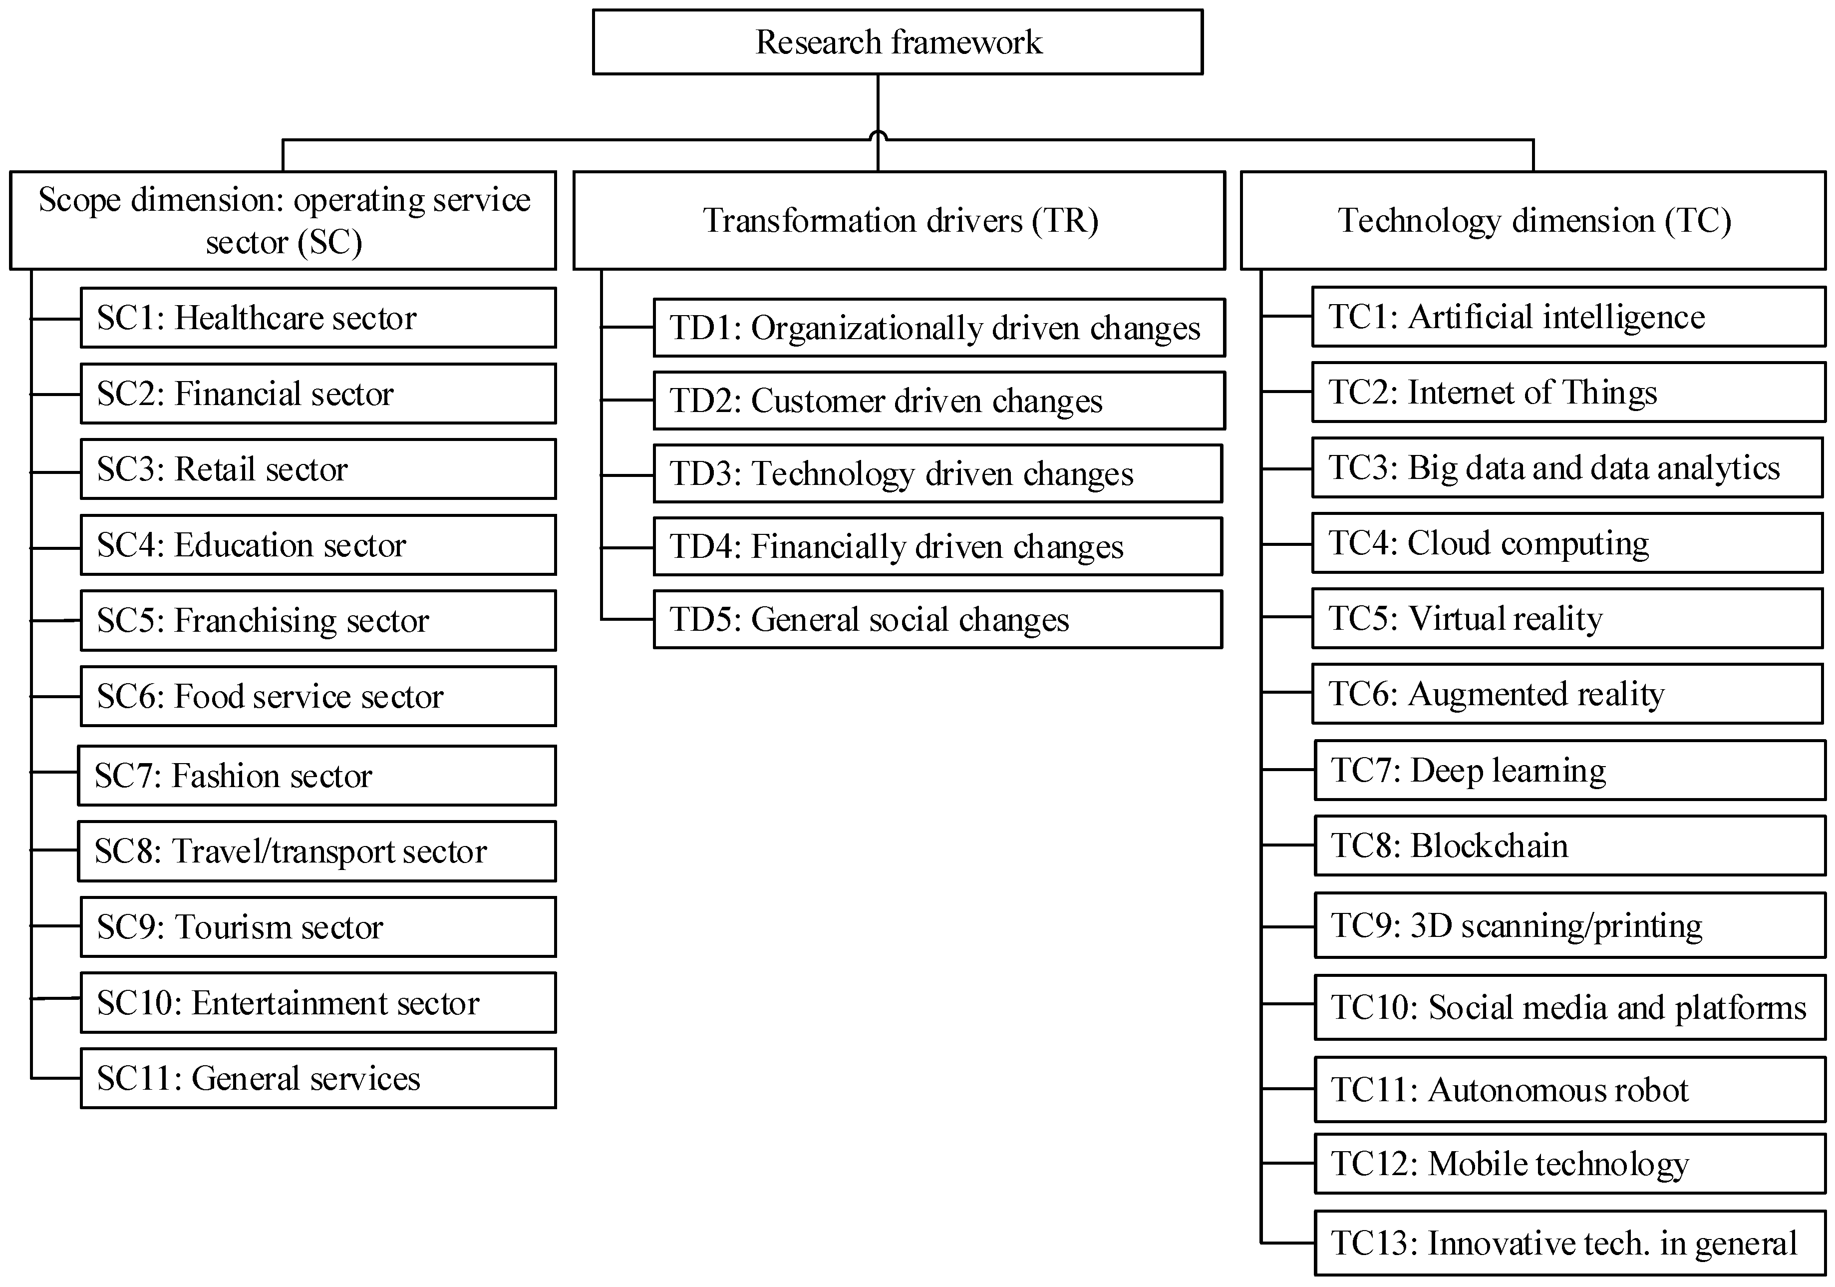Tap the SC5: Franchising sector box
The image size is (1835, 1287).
317,620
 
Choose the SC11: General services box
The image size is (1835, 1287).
317,1078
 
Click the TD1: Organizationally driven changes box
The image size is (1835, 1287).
938,328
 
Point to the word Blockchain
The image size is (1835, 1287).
1490,846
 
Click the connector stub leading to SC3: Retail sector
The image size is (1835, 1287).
56,472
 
